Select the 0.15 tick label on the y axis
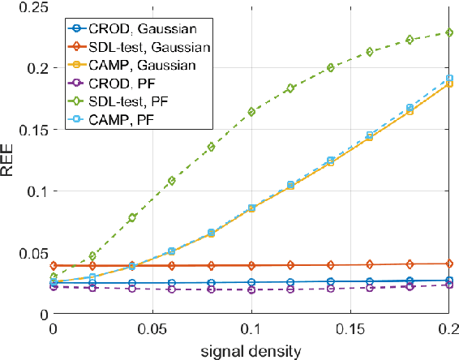pos(29,130)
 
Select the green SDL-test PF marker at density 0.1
pos(251,112)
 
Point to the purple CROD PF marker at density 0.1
pos(251,289)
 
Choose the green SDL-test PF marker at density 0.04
pos(132,218)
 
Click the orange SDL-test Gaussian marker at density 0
pos(54,265)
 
